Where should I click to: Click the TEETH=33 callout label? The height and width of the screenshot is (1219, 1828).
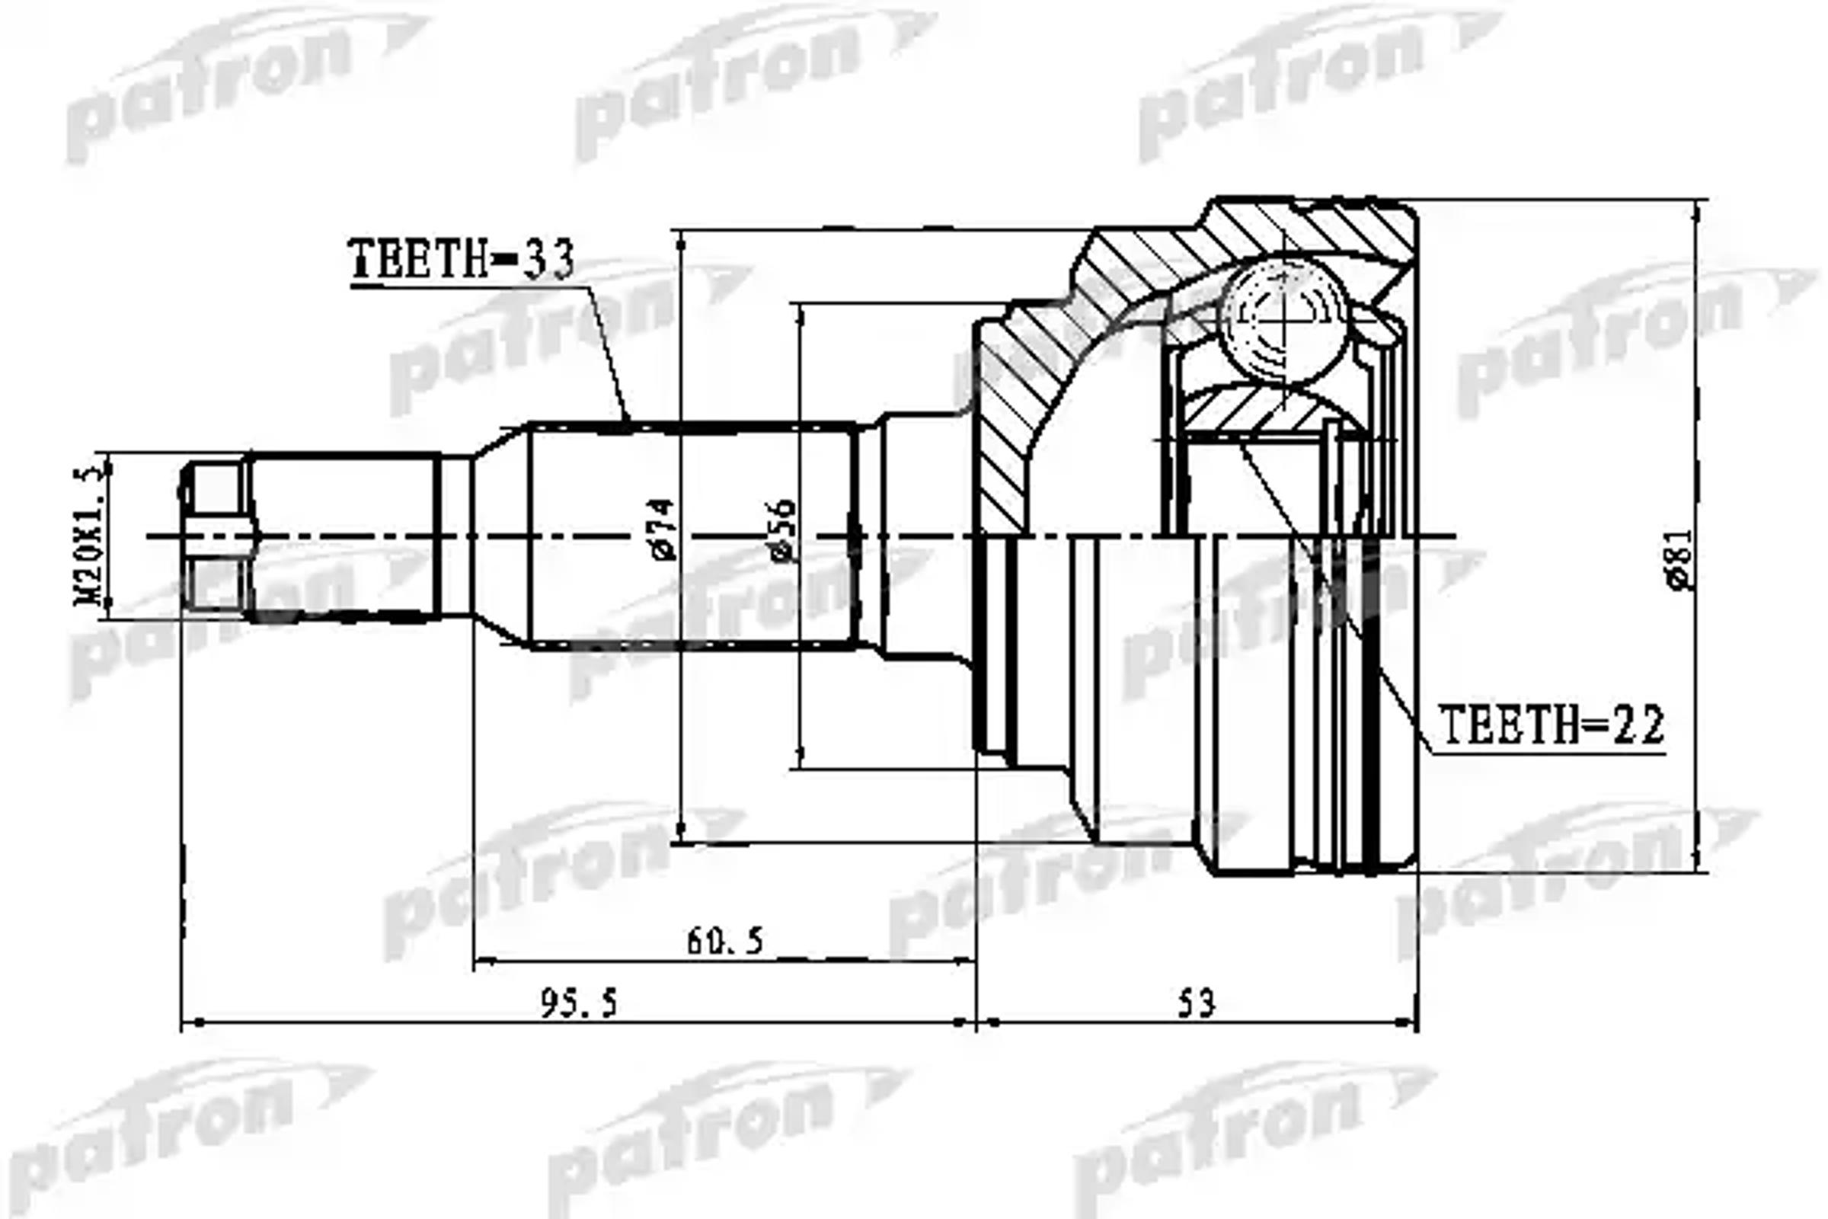(463, 259)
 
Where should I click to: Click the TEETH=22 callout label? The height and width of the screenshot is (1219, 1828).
(1552, 725)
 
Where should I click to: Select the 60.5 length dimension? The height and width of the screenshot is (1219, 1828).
(725, 942)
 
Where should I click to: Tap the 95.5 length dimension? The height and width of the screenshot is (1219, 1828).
(579, 1003)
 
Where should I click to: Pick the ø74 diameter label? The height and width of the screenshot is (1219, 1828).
(663, 529)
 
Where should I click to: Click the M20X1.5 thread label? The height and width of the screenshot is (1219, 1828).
(88, 536)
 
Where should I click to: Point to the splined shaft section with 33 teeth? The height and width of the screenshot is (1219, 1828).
(692, 536)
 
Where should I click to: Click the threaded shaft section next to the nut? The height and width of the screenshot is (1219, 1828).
(342, 536)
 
